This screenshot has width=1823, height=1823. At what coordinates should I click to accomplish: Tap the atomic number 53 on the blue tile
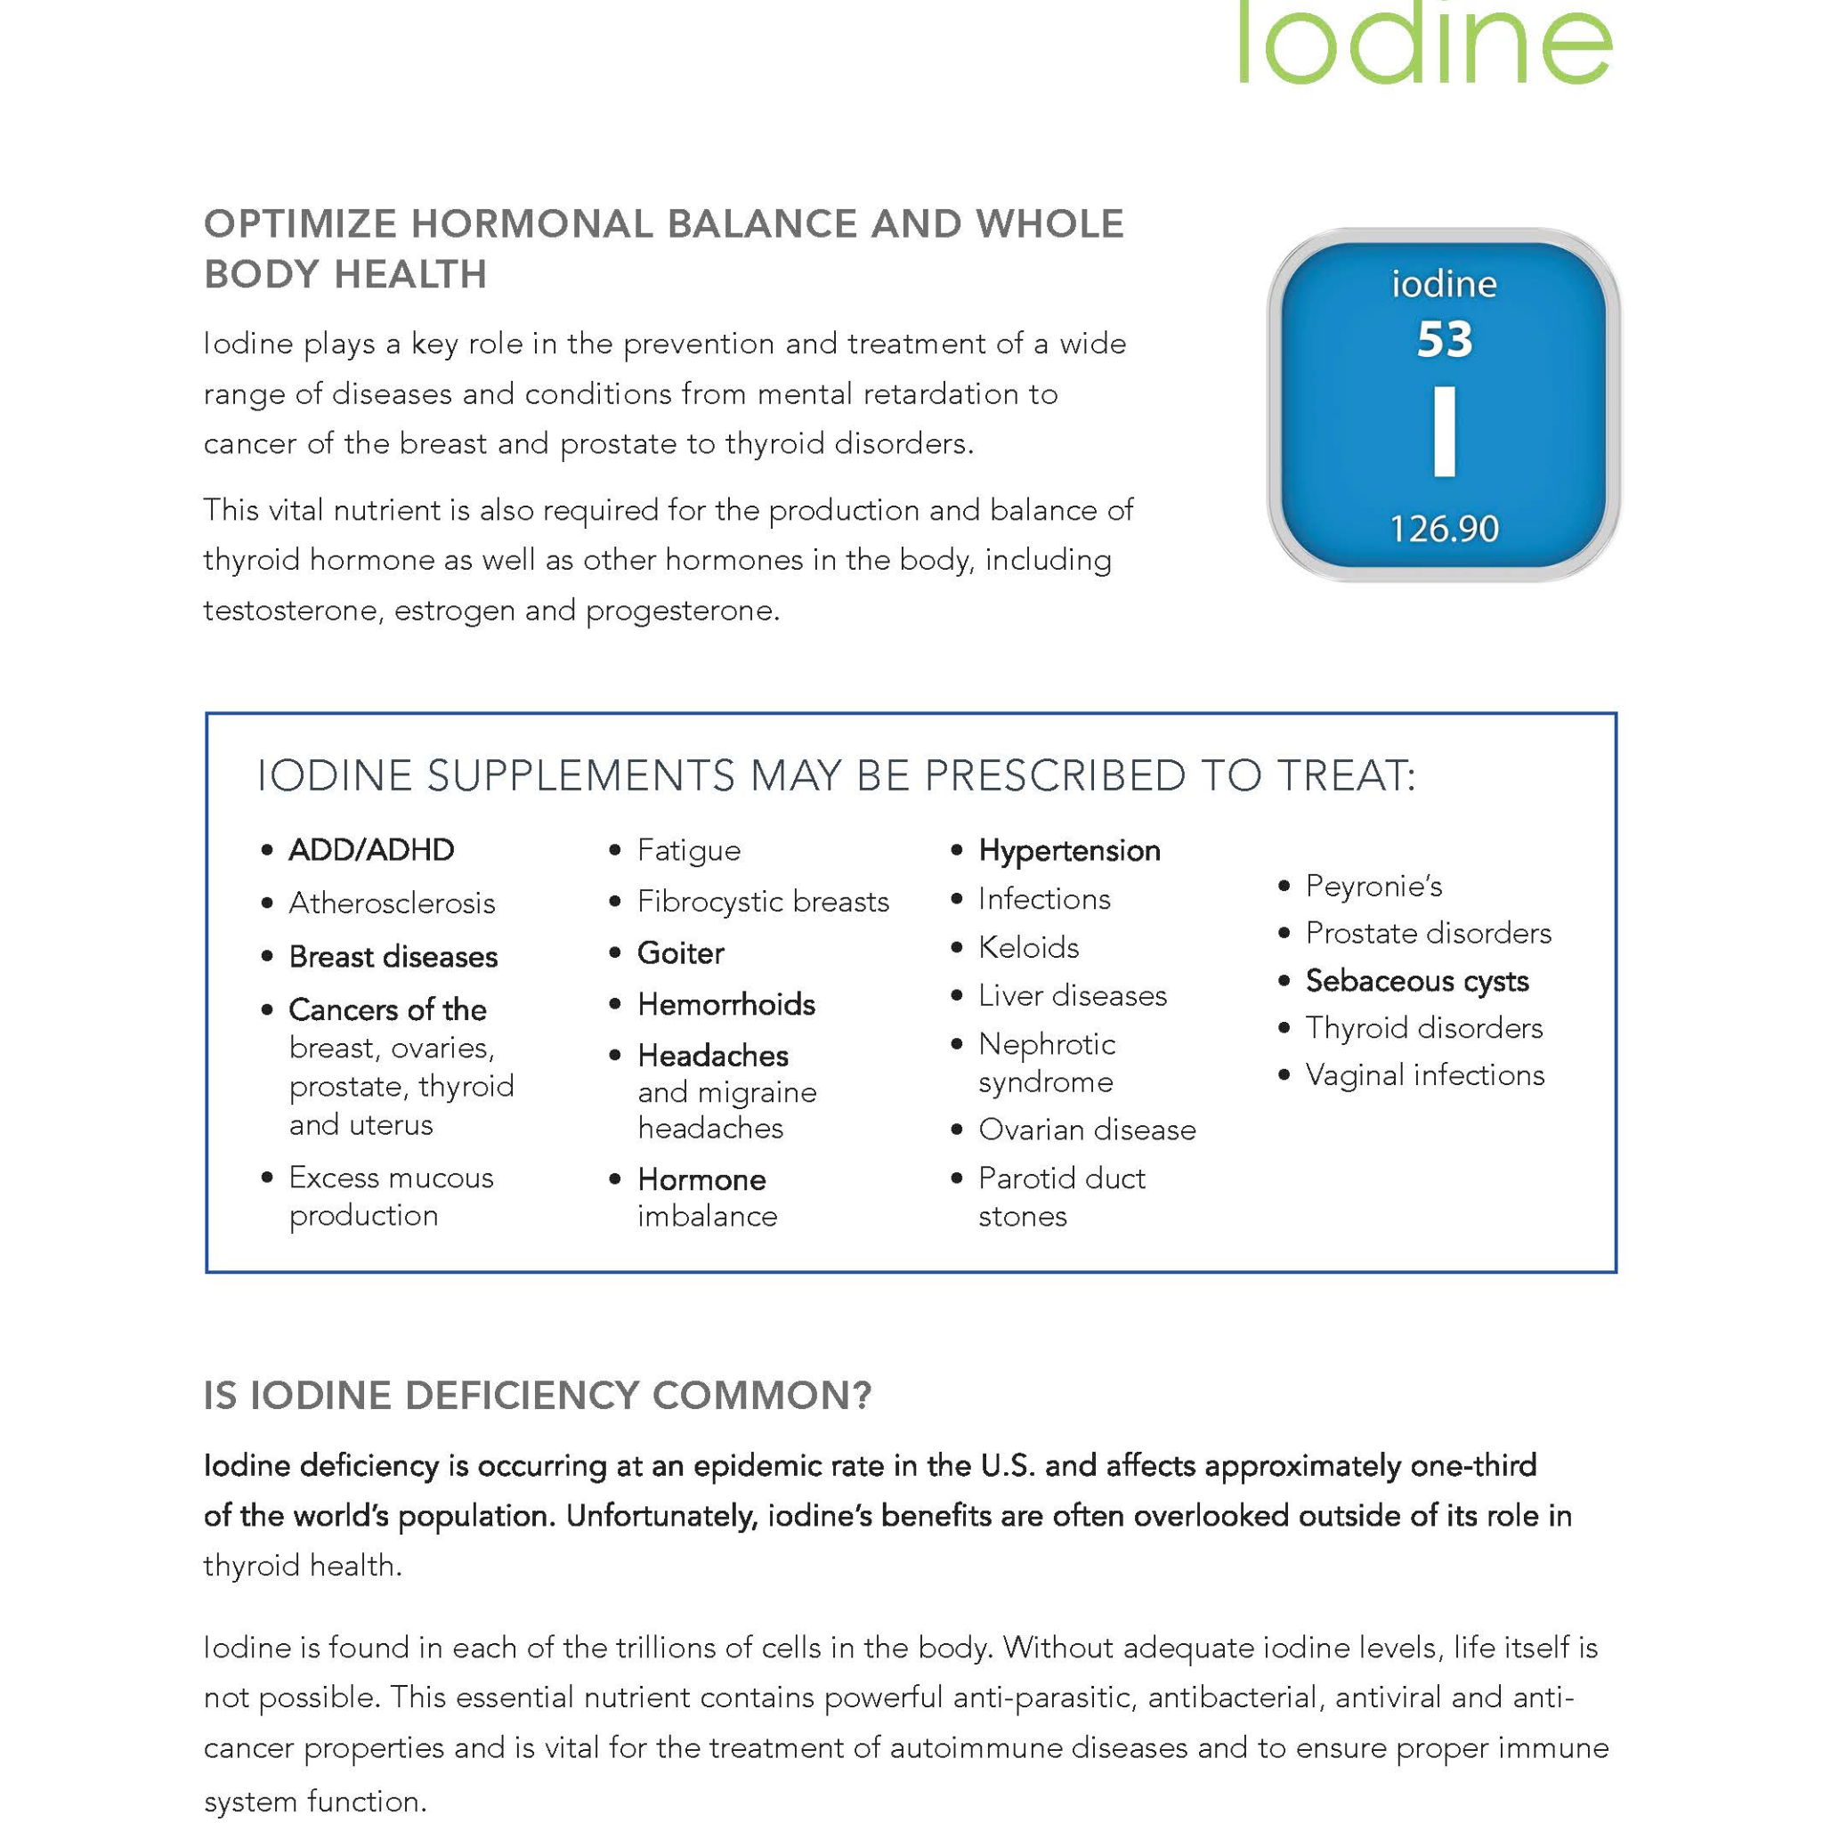point(1444,341)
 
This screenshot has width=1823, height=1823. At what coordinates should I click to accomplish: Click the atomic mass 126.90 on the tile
point(1444,530)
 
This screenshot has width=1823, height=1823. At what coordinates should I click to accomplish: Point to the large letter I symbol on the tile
point(1444,431)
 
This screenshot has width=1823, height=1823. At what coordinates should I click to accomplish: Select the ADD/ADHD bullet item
point(371,850)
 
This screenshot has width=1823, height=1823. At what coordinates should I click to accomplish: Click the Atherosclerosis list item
point(392,903)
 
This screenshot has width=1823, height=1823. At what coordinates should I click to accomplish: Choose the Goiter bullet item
point(680,953)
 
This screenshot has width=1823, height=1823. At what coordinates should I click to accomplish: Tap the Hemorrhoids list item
point(725,1004)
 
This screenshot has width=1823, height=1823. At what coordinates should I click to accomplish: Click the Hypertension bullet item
point(1069,850)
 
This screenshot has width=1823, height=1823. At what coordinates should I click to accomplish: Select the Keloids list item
point(1028,947)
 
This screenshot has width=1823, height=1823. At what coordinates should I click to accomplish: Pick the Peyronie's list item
point(1373,886)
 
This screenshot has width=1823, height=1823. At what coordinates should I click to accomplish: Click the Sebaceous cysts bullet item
point(1416,981)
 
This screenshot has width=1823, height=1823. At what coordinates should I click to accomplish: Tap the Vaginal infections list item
point(1425,1074)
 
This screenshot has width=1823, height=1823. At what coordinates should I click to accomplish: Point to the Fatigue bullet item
point(689,850)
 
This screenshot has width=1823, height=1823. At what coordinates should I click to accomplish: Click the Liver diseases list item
point(1072,995)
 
